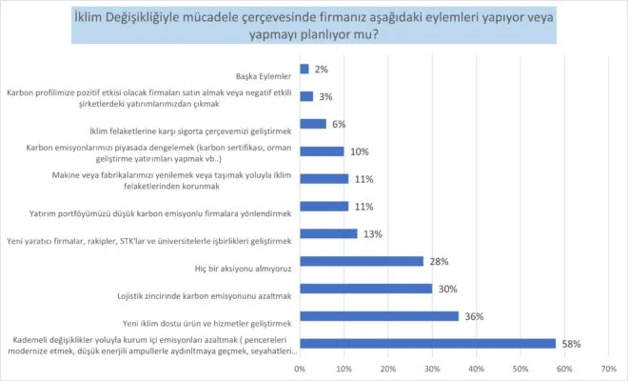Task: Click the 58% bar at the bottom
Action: pyautogui.click(x=427, y=343)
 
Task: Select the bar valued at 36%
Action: pyautogui.click(x=379, y=315)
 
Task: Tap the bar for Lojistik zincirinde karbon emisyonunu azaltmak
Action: pyautogui.click(x=365, y=288)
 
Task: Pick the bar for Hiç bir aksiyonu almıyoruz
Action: pyautogui.click(x=361, y=261)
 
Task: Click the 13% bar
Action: pyautogui.click(x=328, y=233)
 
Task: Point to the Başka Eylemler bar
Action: pyautogui.click(x=304, y=69)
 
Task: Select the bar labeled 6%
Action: pyautogui.click(x=313, y=124)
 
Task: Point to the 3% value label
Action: pyautogui.click(x=324, y=96)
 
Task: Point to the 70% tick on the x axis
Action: pyautogui.click(x=608, y=368)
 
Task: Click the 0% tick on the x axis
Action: pyautogui.click(x=300, y=368)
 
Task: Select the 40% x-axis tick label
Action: pyautogui.click(x=476, y=368)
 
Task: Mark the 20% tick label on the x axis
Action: pyautogui.click(x=388, y=368)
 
